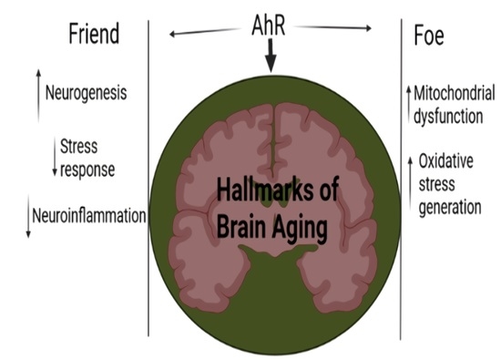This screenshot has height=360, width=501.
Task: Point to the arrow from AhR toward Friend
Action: pyautogui.click(x=201, y=33)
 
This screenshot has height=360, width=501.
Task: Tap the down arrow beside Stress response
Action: pyautogui.click(x=54, y=158)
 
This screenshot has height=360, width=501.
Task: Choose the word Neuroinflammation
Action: pyautogui.click(x=89, y=217)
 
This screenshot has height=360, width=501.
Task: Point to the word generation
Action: pyautogui.click(x=449, y=208)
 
